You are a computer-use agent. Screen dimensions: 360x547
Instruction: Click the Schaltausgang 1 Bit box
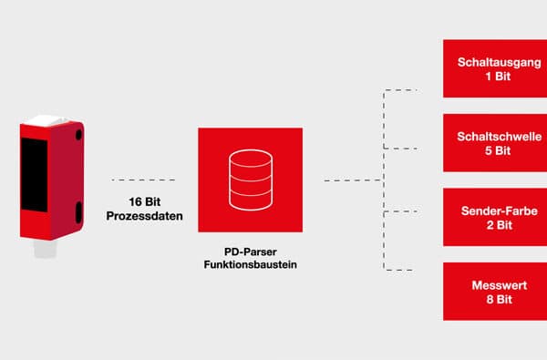pos(493,68)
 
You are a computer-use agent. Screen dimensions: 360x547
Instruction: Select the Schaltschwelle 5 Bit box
pos(493,143)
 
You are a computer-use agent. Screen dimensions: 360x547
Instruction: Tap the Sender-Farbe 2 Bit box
pos(493,217)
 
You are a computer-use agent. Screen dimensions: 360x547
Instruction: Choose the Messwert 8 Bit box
pos(493,292)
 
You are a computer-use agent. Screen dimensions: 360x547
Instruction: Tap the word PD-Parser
pos(250,251)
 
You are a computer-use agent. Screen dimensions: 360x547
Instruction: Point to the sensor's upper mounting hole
pos(77,134)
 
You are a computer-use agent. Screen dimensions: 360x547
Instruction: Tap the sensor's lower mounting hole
pos(77,211)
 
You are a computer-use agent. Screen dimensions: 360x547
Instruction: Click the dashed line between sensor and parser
pos(142,180)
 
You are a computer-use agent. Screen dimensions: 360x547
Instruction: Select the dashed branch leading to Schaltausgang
pos(402,90)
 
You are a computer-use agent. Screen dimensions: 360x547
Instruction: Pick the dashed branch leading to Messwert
pos(402,270)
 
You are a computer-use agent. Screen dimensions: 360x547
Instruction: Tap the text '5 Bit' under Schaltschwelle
pos(493,150)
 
